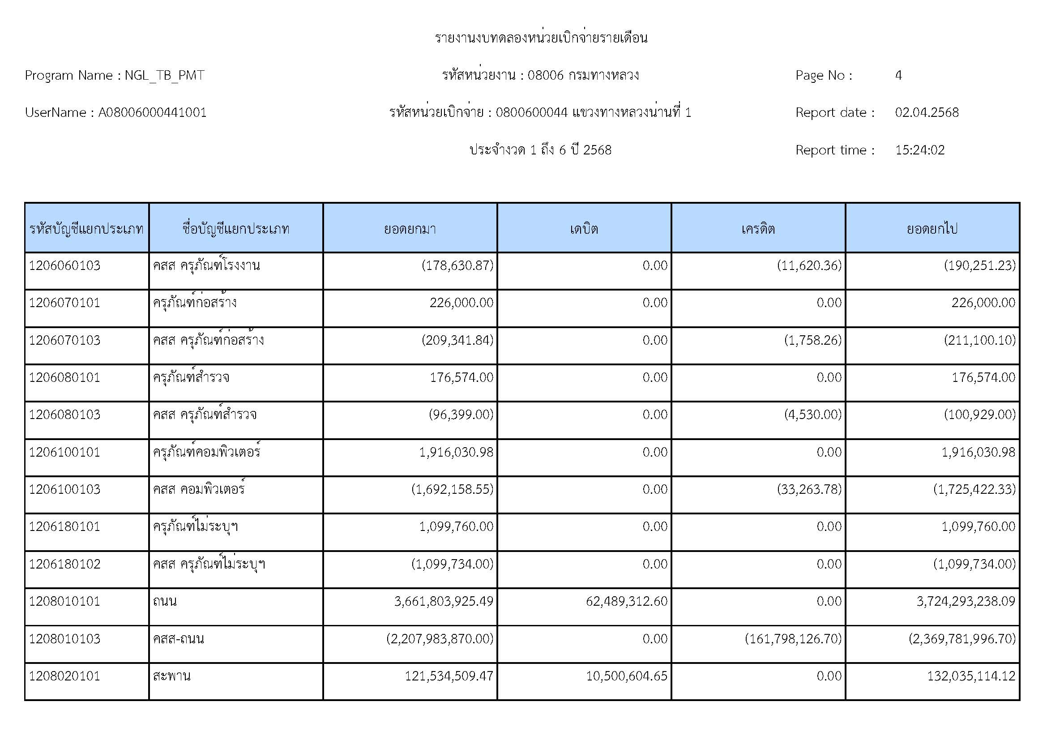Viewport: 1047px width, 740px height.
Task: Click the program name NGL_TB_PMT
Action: [164, 75]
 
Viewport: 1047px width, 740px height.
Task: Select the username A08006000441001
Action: [152, 113]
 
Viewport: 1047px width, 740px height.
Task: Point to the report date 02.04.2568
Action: [927, 113]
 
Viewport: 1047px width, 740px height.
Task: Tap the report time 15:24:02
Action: [919, 150]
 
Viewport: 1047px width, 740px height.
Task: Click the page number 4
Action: [898, 75]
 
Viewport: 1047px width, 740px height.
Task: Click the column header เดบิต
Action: [584, 228]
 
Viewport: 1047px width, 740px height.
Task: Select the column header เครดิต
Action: [758, 228]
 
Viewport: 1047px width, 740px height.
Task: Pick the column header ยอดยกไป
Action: [932, 228]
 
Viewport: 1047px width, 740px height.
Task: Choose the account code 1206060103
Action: [64, 265]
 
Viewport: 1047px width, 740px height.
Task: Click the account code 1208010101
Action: [64, 601]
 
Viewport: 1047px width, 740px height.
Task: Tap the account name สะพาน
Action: [171, 676]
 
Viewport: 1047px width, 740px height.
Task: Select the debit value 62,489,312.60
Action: [627, 601]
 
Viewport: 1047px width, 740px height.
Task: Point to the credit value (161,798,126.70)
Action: [793, 639]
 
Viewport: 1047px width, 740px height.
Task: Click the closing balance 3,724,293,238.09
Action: [966, 601]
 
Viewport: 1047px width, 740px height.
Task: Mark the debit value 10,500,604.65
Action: [627, 676]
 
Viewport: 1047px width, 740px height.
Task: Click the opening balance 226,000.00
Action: [461, 303]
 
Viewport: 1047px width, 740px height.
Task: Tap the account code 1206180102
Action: [64, 564]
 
